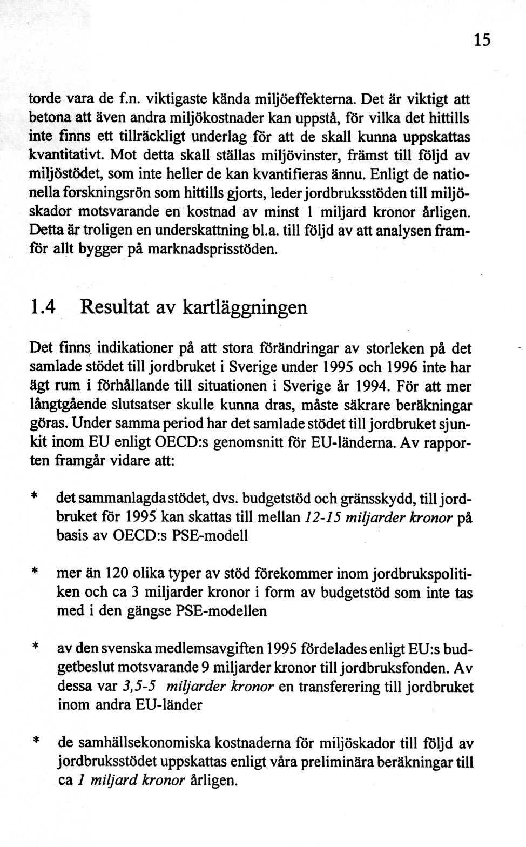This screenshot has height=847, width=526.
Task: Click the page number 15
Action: point(482,40)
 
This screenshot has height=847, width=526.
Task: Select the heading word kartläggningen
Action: point(245,308)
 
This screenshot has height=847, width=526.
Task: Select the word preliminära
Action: point(311,762)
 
